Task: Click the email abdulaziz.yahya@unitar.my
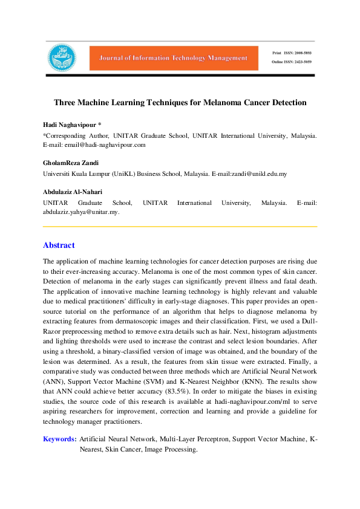[80, 212]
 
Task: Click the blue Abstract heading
[59, 245]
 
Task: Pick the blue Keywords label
[59, 439]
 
